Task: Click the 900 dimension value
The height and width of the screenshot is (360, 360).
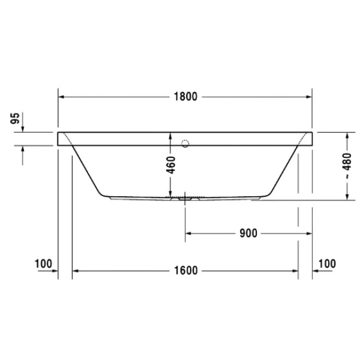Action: [247, 233]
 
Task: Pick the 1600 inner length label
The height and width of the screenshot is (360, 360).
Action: [187, 271]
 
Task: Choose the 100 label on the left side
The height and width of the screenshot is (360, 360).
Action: [44, 263]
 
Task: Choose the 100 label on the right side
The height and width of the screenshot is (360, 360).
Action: [327, 263]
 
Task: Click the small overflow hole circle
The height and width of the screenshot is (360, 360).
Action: [185, 143]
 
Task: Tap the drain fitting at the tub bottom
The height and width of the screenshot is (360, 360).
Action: [185, 196]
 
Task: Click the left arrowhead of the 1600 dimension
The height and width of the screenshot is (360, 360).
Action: [76, 271]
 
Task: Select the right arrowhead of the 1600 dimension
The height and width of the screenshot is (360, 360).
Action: [295, 271]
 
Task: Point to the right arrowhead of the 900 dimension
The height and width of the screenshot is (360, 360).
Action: [308, 233]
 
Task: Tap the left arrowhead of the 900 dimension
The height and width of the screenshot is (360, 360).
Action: [189, 233]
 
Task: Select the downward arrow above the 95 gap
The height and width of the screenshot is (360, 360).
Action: [23, 128]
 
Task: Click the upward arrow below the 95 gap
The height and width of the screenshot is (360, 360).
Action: [23, 150]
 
